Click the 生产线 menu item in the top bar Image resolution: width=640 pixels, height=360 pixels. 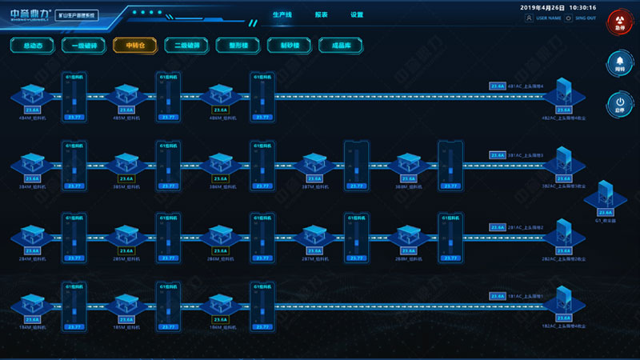[x=282, y=14]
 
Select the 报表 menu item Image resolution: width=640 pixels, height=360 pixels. [x=321, y=14]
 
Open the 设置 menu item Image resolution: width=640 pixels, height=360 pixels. [x=357, y=14]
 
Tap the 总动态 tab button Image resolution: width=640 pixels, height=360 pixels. [x=33, y=46]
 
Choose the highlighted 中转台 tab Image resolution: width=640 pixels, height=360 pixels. [x=135, y=46]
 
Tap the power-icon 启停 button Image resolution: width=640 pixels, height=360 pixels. [x=619, y=104]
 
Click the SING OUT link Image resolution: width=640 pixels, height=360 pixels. [x=582, y=18]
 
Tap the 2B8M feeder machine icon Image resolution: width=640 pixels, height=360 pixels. [x=409, y=237]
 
